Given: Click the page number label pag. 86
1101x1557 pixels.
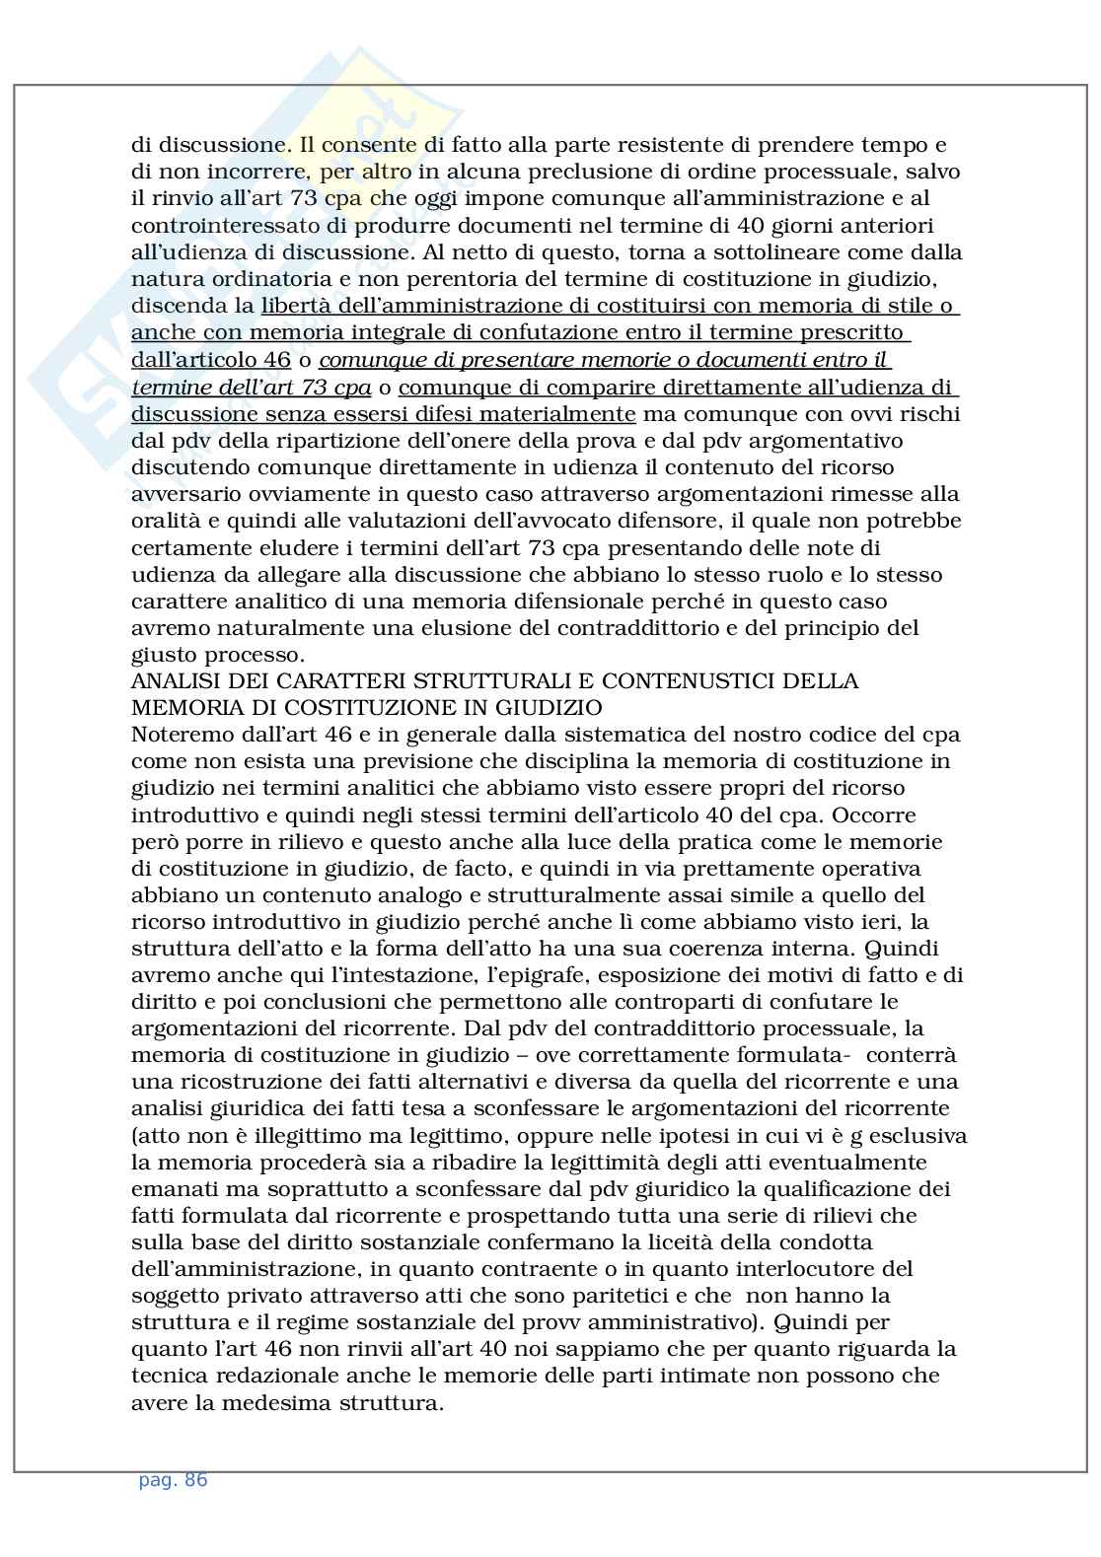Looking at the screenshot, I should click(x=173, y=1480).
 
